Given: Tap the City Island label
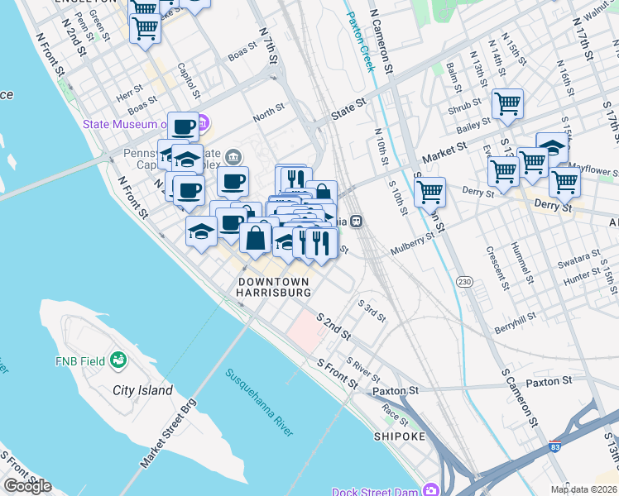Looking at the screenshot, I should (143, 390).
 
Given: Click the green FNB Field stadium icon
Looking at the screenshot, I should (118, 360).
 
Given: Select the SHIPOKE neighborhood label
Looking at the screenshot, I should (400, 436).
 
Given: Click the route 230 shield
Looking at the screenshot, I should (464, 283).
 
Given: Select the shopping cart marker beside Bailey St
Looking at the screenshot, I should (506, 104).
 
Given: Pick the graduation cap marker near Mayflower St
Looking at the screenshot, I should (552, 147).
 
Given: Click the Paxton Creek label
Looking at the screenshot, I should (361, 41).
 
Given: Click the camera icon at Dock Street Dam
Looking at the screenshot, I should (430, 489).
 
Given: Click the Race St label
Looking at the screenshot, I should (395, 419).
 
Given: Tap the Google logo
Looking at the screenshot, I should (27, 486).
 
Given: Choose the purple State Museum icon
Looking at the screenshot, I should (202, 125).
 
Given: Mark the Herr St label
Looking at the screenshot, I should (130, 97).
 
